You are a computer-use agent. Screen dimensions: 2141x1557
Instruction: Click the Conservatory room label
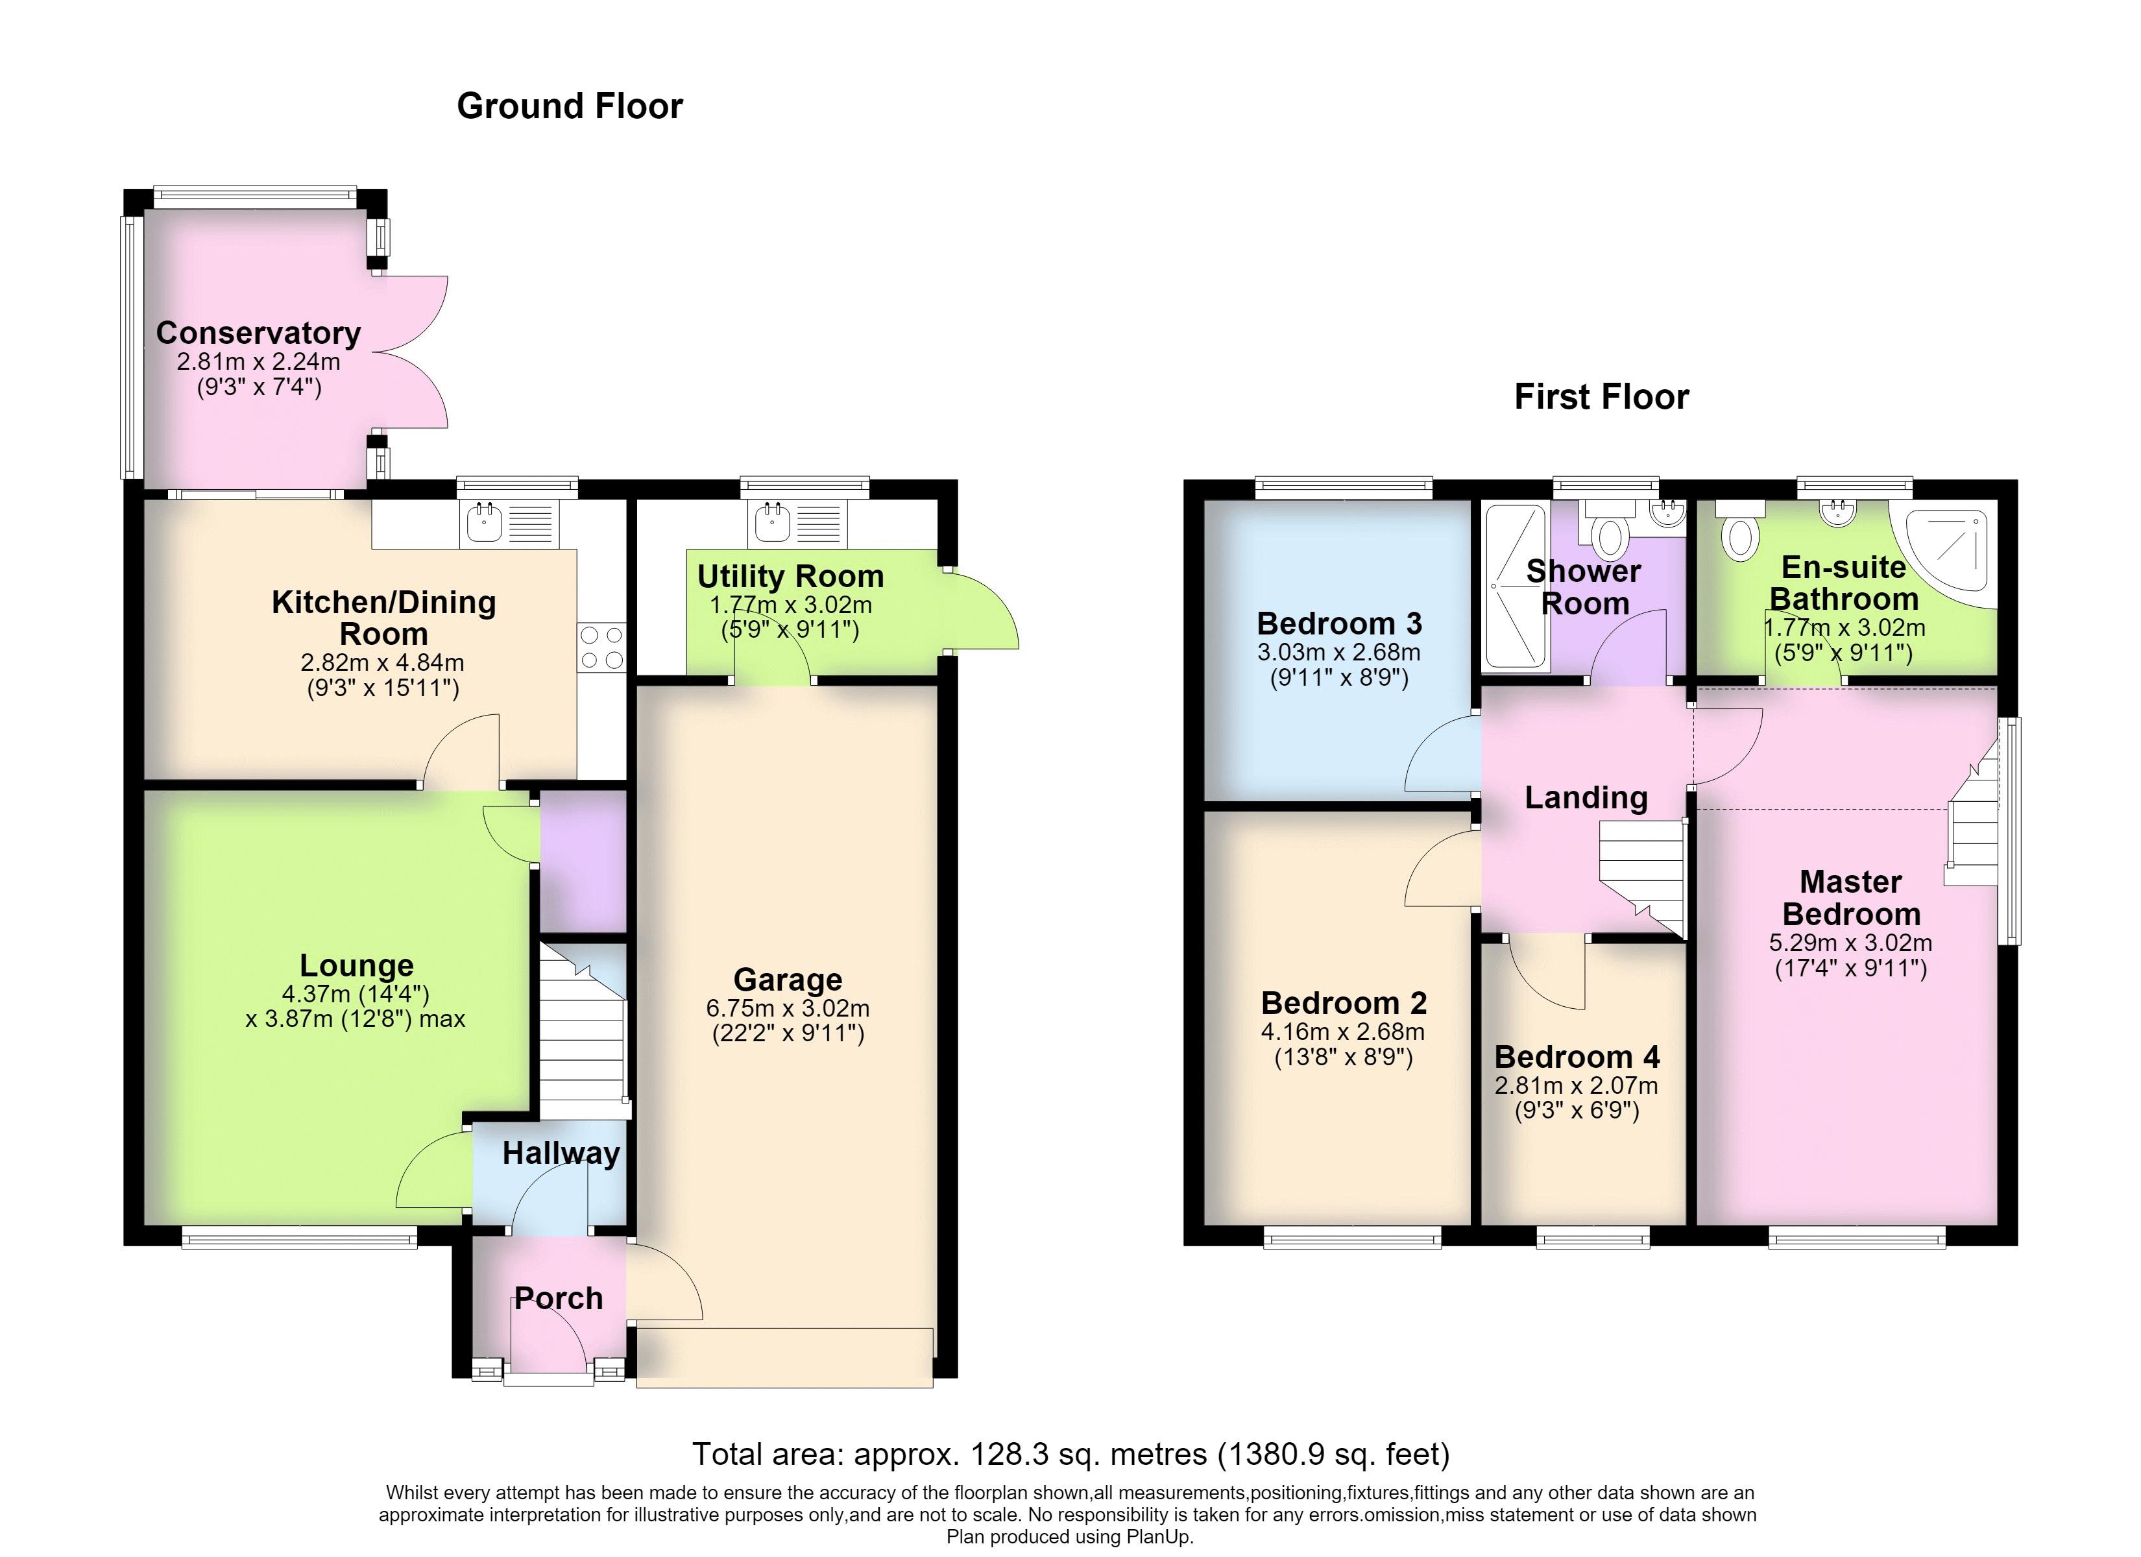tap(259, 333)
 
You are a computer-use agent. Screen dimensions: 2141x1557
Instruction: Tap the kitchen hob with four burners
tap(601, 647)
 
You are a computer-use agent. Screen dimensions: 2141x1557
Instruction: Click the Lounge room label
tap(357, 965)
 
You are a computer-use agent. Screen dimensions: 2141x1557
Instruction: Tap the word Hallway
tap(561, 1153)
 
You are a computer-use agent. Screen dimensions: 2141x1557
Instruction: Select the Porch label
tap(559, 1298)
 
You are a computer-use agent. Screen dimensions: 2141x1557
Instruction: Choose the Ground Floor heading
tap(570, 106)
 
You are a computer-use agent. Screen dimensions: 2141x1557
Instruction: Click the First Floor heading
tap(1602, 396)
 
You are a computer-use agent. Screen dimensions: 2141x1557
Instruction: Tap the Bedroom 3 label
tap(1340, 623)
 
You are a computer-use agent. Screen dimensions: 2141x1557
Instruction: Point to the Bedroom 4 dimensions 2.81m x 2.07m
tap(1577, 1086)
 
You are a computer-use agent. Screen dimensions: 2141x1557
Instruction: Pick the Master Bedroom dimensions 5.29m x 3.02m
tap(1850, 943)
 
